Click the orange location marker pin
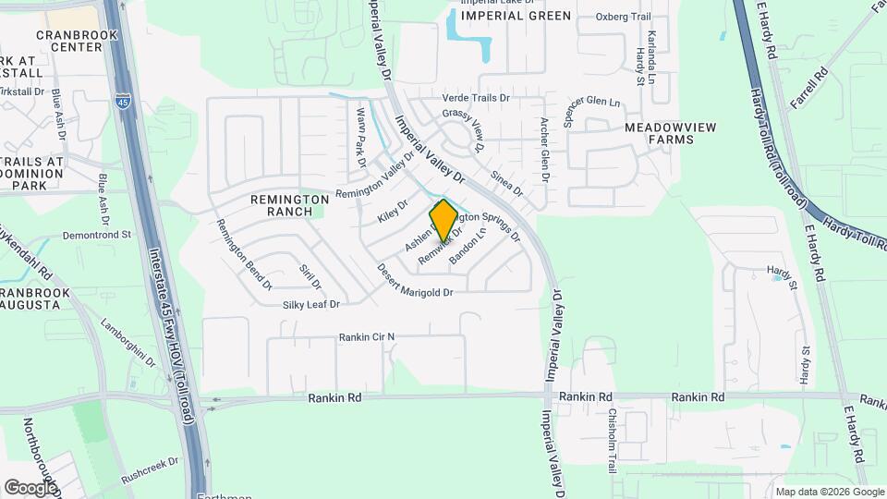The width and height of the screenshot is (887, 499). pyautogui.click(x=443, y=220)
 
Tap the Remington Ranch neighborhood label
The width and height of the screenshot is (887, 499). pyautogui.click(x=290, y=205)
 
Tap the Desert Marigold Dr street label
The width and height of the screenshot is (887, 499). pyautogui.click(x=414, y=282)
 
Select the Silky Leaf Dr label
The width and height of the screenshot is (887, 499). pyautogui.click(x=311, y=304)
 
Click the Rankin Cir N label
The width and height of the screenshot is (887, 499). pyautogui.click(x=366, y=336)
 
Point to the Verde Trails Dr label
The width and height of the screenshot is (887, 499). pyautogui.click(x=477, y=97)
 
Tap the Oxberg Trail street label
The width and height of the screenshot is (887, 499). pyautogui.click(x=624, y=16)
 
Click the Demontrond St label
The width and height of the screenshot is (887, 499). pyautogui.click(x=99, y=236)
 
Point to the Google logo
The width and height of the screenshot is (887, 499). pyautogui.click(x=30, y=487)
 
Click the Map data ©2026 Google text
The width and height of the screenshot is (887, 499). pyautogui.click(x=829, y=492)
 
